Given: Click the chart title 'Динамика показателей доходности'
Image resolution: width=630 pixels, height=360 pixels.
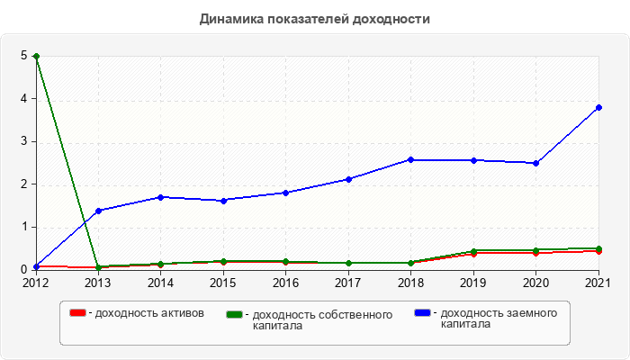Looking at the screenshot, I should [315, 19].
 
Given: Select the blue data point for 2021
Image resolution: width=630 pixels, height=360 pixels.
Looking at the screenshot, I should [598, 107].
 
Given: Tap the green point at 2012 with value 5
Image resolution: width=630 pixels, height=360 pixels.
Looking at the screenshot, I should [36, 56].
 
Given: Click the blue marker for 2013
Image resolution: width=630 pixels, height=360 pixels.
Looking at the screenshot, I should [98, 211].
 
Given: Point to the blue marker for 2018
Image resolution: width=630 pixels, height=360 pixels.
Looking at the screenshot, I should [410, 159].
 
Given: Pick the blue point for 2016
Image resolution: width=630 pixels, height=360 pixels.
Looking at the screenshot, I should [285, 193].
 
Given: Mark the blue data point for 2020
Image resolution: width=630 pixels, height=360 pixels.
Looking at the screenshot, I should [535, 163].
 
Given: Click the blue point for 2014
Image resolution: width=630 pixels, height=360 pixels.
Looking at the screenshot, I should [160, 197].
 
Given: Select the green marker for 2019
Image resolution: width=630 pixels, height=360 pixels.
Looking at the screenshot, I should [473, 251].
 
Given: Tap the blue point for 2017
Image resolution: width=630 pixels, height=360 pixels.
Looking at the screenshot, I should [348, 179].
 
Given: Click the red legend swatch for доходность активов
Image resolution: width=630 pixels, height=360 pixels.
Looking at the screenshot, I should [78, 313].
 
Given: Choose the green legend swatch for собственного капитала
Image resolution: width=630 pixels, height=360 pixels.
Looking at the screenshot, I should [235, 314].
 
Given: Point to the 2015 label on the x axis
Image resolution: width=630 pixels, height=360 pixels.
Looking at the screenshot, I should [223, 283].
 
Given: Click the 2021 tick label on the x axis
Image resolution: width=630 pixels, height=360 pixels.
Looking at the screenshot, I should [598, 283].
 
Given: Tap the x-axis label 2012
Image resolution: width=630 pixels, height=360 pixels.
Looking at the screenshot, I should [36, 283].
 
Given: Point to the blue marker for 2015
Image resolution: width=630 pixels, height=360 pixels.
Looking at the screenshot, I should [223, 200].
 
